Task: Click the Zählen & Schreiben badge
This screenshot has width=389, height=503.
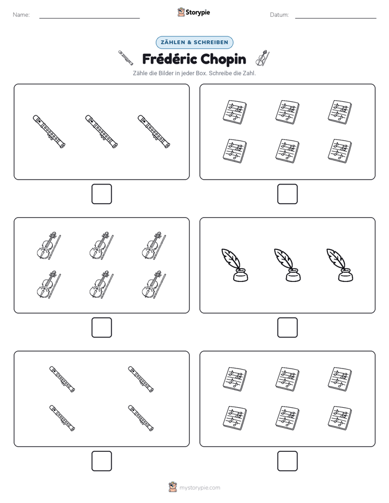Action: [x=194, y=42]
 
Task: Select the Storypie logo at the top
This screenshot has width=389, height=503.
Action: [x=193, y=13]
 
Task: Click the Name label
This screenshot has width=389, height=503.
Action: [x=21, y=15]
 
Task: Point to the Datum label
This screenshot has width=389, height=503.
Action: [x=279, y=15]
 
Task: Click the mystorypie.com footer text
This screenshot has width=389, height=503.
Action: [x=199, y=488]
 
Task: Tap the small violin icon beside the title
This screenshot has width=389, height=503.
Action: [x=262, y=58]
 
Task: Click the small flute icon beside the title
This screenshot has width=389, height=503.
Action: [x=125, y=58]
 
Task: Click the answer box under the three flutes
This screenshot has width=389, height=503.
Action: [x=102, y=194]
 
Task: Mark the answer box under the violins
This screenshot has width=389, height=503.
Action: [x=102, y=328]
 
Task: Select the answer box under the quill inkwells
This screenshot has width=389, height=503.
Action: [x=287, y=328]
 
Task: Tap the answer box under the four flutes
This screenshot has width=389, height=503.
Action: [x=102, y=461]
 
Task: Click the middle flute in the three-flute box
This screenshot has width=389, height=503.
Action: [x=101, y=132]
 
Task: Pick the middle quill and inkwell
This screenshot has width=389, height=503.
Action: [x=287, y=265]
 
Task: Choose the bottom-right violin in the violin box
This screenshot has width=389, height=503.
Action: [x=154, y=285]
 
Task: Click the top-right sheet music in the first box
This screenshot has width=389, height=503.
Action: [x=340, y=112]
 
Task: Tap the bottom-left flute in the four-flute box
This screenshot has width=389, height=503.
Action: [x=62, y=418]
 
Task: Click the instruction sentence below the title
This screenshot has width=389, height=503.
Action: [x=194, y=73]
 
